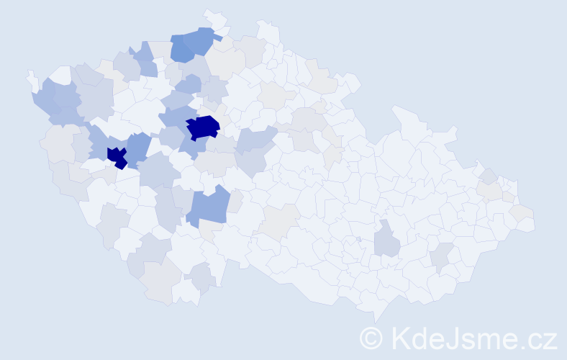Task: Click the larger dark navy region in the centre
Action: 203,127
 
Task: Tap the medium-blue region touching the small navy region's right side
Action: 139,148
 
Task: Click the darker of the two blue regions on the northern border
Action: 183,49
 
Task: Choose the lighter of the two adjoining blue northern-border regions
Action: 201,40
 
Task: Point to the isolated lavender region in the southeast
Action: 387,240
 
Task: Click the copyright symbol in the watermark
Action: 372,338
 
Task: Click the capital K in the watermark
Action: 400,338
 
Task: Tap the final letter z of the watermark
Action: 550,339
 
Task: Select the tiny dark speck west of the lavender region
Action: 358,239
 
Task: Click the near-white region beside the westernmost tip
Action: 61,74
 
